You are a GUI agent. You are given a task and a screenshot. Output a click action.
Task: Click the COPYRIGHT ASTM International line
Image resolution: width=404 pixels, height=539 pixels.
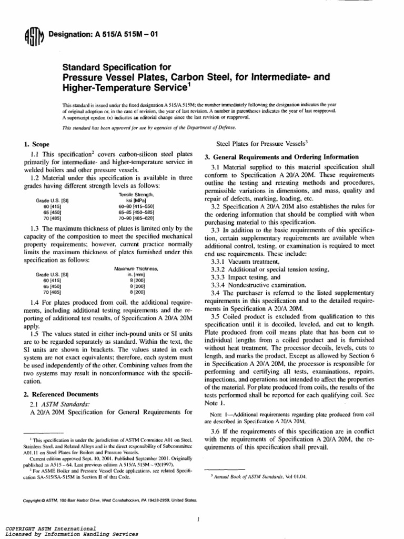pos(50,528)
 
